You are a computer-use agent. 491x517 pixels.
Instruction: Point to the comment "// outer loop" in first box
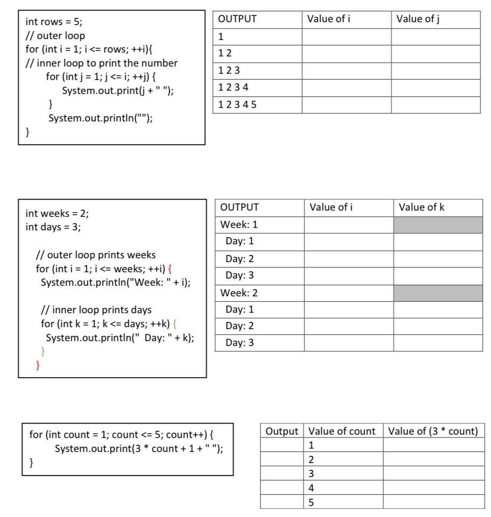(55, 36)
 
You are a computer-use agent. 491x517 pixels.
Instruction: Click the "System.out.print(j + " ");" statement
(118, 91)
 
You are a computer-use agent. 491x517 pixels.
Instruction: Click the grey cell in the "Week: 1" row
(437, 225)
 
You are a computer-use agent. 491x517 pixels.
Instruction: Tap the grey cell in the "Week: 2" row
(437, 293)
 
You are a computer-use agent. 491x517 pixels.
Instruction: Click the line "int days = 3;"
(53, 227)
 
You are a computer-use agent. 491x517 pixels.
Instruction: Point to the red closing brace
(39, 365)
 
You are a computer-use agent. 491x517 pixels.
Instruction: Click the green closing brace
(43, 351)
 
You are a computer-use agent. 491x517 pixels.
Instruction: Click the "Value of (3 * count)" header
(433, 431)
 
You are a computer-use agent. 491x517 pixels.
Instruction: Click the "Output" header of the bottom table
(282, 431)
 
